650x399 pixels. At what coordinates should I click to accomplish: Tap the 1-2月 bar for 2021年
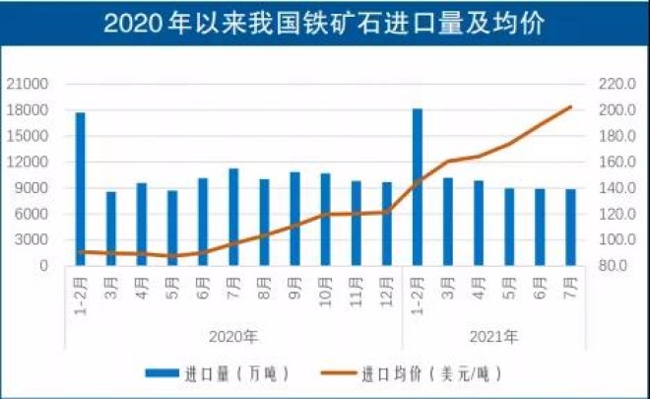[418, 187]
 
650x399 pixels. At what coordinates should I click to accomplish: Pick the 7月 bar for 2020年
[233, 217]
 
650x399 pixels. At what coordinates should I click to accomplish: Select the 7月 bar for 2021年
[571, 228]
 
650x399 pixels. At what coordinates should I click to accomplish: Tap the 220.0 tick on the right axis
[612, 85]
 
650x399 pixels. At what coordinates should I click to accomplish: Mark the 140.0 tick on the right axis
[612, 188]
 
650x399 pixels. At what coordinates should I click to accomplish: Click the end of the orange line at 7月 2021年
[571, 106]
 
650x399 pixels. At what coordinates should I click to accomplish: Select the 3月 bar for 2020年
[110, 229]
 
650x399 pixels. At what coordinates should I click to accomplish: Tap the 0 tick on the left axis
[44, 266]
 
